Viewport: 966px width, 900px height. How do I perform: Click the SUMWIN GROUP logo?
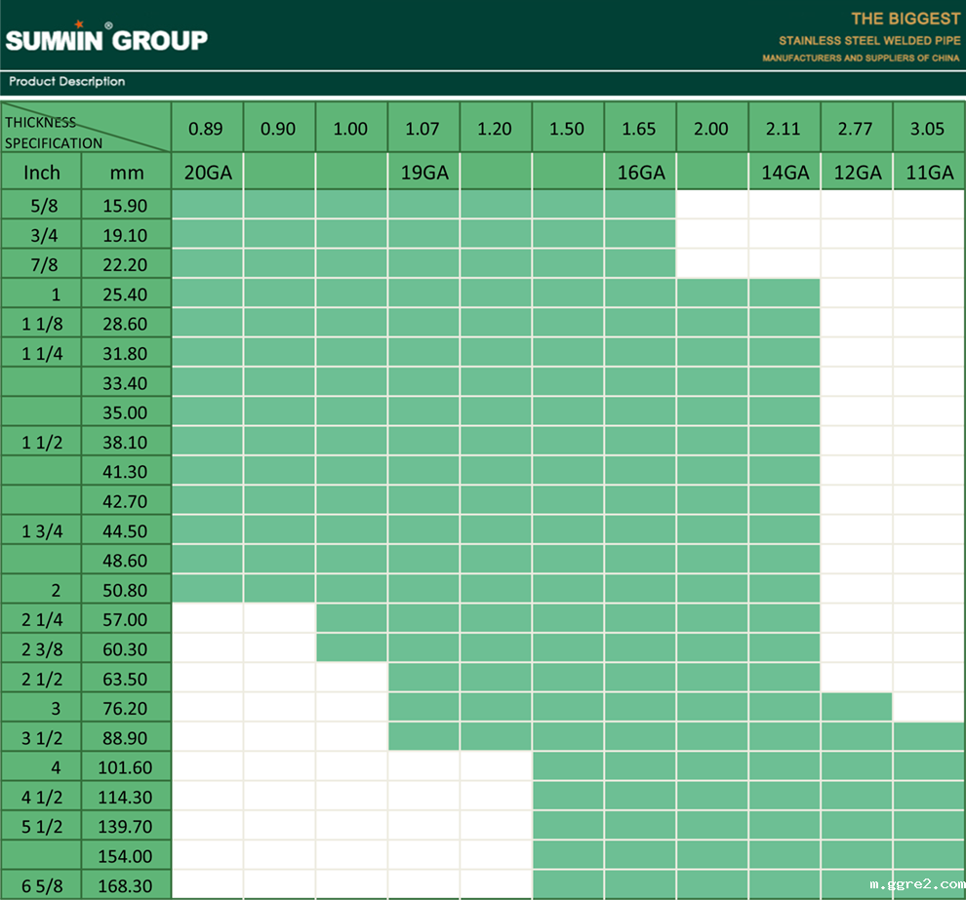coord(106,39)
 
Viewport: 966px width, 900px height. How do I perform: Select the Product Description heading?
coord(67,82)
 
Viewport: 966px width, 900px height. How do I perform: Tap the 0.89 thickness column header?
coord(206,129)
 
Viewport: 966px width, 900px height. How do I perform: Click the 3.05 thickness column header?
coord(928,129)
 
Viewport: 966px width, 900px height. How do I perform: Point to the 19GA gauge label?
coord(424,173)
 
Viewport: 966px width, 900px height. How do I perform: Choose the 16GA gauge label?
coord(641,173)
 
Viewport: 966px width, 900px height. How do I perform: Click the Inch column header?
coord(42,173)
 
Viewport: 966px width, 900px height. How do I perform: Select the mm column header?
coord(127,174)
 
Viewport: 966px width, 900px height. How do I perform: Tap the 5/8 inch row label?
coord(42,206)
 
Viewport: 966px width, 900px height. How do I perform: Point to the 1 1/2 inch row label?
coord(42,442)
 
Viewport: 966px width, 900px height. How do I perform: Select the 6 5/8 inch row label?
coord(42,885)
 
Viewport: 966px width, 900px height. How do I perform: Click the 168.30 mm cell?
coord(125,885)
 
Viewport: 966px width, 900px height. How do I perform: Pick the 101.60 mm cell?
coord(125,767)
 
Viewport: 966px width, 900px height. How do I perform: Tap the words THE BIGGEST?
coord(906,19)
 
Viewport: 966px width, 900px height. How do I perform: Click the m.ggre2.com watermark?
coord(916,884)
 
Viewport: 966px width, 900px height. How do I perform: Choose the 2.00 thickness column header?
coord(711,129)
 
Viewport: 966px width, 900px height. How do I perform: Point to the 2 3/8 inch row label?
coord(42,648)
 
